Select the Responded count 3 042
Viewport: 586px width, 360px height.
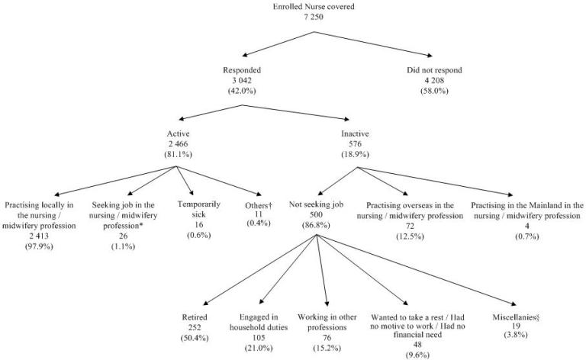pyautogui.click(x=242, y=81)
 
